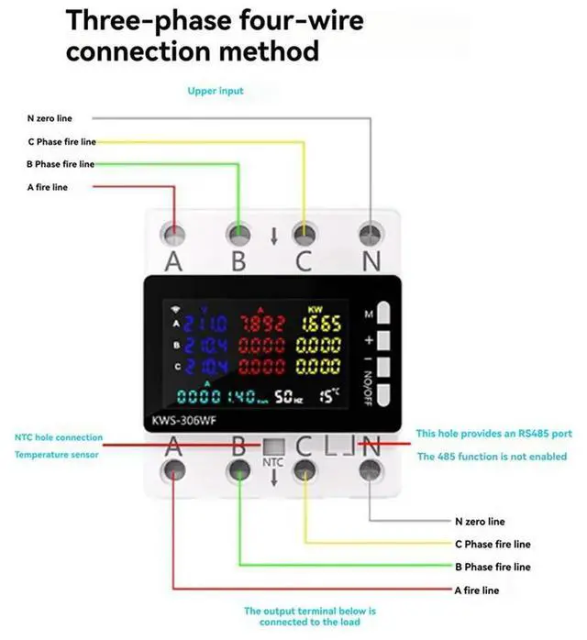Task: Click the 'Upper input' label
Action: coord(216,92)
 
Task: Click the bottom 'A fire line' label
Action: coord(477,590)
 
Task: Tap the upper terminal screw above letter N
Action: coord(371,233)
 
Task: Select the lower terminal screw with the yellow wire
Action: coord(304,470)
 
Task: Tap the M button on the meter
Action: coord(384,314)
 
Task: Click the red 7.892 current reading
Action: coord(262,324)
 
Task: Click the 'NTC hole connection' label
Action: coord(59,437)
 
